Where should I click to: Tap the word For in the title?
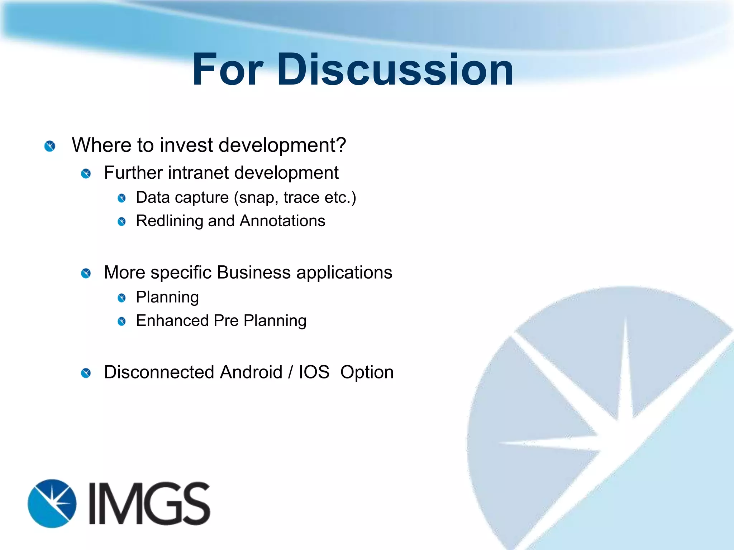pos(228,70)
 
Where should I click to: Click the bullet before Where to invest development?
pos(50,146)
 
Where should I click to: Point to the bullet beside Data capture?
pos(122,198)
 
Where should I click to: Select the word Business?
pos(254,272)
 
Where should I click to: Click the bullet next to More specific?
pos(86,274)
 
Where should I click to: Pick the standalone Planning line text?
pos(167,297)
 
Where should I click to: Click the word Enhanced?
pos(172,320)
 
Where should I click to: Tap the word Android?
pos(251,372)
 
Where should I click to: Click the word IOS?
pos(314,372)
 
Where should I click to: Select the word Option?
pos(367,373)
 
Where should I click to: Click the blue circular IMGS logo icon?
pos(52,503)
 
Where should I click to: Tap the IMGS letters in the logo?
pos(149,503)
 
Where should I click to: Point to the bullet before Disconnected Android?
pos(86,373)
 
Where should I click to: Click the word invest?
pos(186,145)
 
